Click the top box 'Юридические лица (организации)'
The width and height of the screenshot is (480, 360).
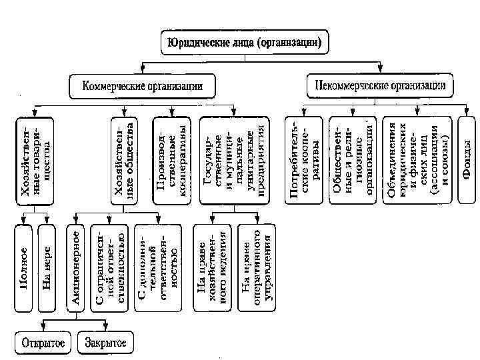click(245, 44)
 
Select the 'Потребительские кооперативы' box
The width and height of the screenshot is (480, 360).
click(303, 159)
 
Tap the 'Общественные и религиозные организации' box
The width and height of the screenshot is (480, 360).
click(349, 159)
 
